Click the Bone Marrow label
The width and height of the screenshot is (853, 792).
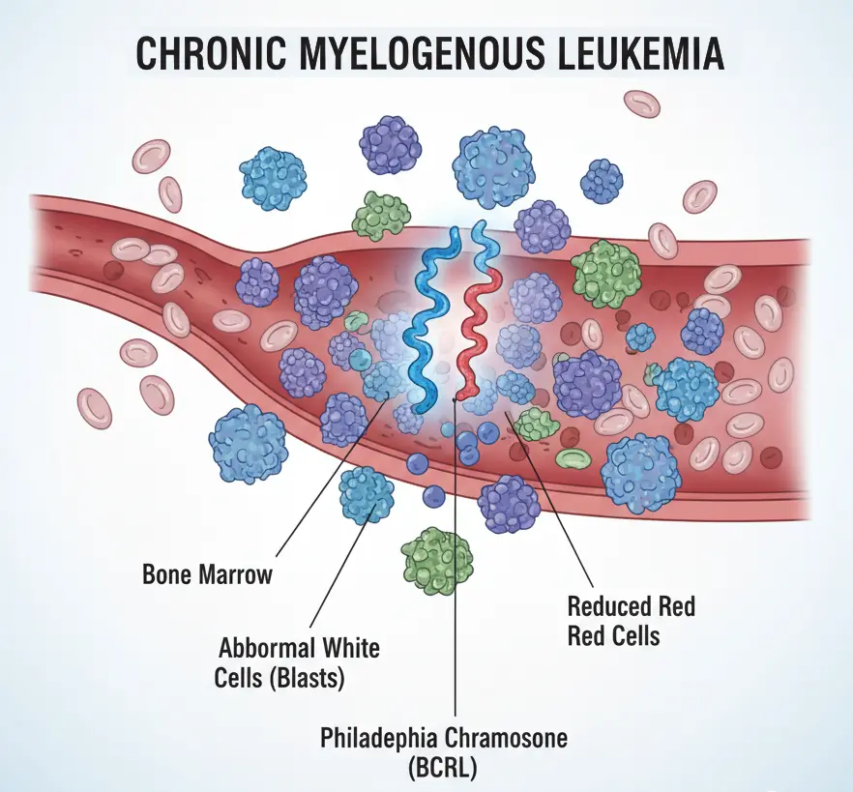tap(207, 573)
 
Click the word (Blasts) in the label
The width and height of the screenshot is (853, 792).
tap(306, 678)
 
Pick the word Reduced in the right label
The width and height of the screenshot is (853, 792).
tap(606, 607)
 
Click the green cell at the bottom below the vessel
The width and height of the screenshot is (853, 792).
tap(437, 560)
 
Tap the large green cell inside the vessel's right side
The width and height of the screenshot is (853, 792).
tap(606, 274)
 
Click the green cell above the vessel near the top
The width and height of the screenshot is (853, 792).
tap(381, 216)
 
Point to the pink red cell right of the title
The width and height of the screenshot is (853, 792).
tap(641, 103)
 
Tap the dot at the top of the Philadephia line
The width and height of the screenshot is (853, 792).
tap(456, 396)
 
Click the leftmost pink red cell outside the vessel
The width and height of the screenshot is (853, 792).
tap(94, 407)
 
